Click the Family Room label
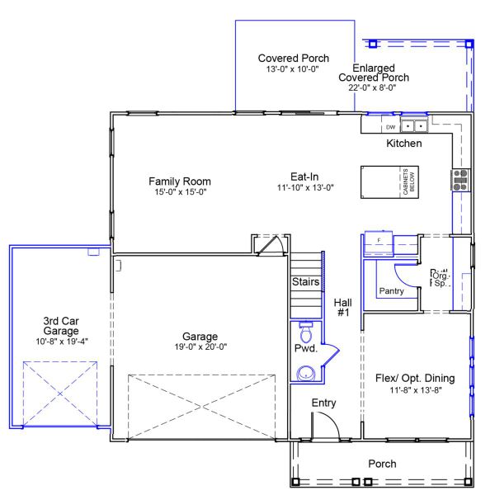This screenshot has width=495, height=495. click(179, 181)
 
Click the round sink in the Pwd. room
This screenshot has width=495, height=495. click(306, 372)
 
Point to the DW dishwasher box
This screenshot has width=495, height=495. click(390, 128)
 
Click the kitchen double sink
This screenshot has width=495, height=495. click(415, 126)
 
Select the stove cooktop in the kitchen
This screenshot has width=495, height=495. click(459, 179)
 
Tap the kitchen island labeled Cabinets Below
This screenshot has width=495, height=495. click(388, 181)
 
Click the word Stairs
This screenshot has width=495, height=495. click(305, 282)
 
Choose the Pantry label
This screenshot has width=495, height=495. click(391, 291)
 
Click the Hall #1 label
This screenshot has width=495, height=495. click(343, 308)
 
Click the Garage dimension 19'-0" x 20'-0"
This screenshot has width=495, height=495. click(200, 347)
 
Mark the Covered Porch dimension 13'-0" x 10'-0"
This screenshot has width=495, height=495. click(293, 71)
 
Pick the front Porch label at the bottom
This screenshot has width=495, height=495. click(381, 464)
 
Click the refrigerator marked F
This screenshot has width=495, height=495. click(379, 241)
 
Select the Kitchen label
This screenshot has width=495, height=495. click(404, 144)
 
